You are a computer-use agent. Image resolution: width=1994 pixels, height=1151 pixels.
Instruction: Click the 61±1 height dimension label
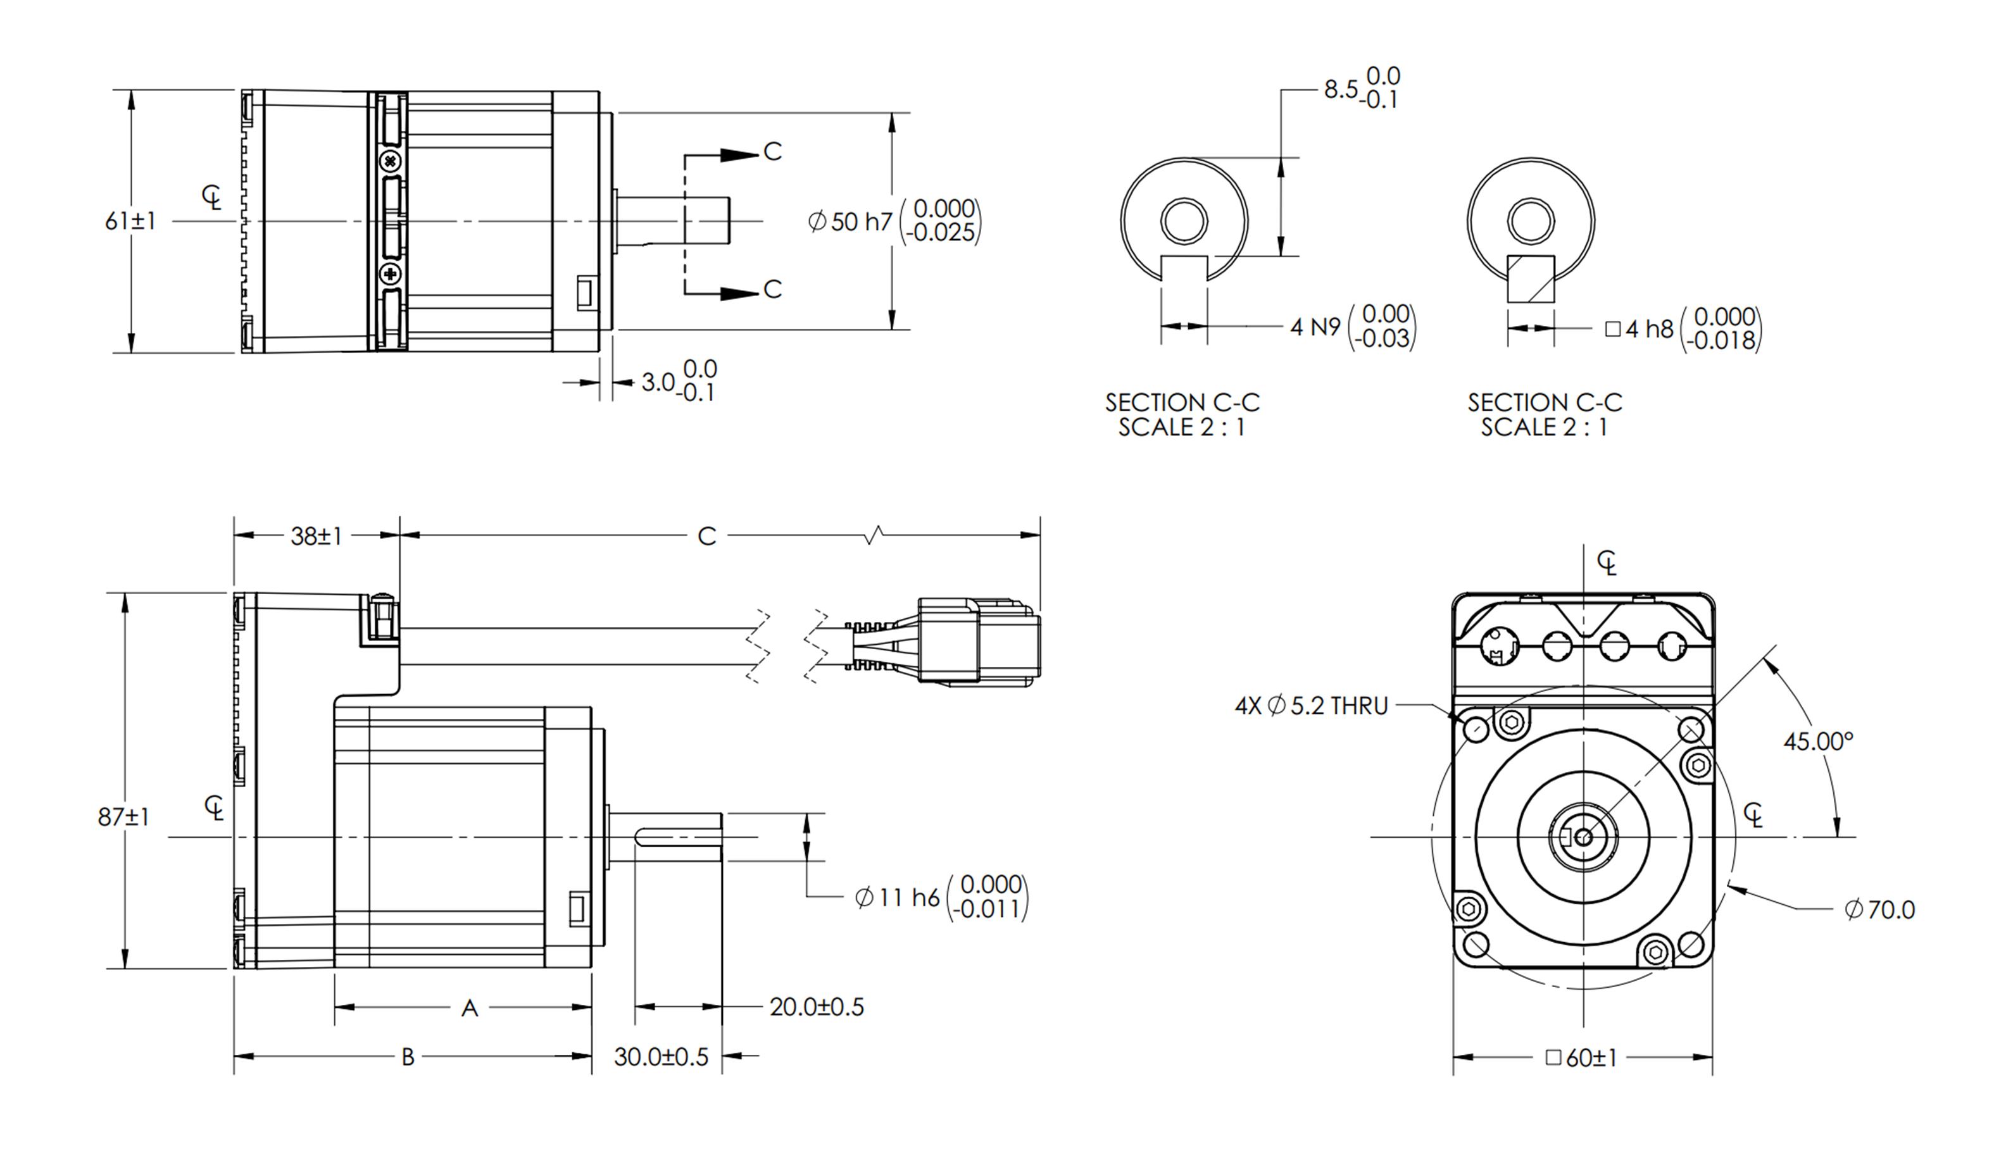point(130,221)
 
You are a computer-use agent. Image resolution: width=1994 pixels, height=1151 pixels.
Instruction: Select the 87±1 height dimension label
point(123,817)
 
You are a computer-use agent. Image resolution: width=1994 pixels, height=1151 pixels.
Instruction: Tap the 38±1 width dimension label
point(317,536)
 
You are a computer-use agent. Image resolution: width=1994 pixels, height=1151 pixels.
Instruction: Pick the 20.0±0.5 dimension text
point(817,1007)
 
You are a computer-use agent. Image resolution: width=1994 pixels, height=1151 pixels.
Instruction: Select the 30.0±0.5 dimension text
point(661,1057)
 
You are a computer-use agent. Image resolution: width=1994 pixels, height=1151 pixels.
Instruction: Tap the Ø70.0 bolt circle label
point(1879,910)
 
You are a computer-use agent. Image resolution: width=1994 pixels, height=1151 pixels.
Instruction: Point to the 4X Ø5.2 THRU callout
point(1311,706)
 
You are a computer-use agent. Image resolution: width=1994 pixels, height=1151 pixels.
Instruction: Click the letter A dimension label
point(470,1009)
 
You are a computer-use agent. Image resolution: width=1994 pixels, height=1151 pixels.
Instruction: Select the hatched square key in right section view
point(1531,278)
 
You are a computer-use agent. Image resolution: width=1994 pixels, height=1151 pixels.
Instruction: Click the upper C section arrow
point(740,154)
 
